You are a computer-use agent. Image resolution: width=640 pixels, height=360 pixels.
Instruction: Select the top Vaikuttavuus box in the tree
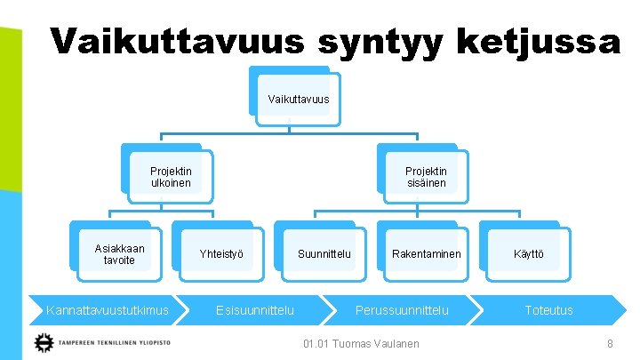click(298, 98)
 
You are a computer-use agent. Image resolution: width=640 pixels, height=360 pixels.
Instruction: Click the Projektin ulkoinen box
click(170, 177)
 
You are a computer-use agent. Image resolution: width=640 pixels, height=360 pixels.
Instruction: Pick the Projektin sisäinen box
click(425, 177)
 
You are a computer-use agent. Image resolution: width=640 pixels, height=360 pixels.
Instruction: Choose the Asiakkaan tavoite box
click(119, 254)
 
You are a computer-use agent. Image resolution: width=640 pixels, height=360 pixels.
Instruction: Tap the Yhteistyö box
click(220, 254)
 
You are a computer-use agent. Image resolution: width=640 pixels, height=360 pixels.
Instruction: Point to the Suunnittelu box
click(324, 254)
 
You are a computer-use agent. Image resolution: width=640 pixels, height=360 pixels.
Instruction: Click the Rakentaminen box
click(426, 254)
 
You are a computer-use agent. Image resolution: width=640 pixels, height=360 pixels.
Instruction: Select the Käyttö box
click(528, 254)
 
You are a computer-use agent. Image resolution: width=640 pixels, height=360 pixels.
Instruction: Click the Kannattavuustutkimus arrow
click(107, 310)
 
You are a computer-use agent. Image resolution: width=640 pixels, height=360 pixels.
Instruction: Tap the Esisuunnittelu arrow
click(256, 310)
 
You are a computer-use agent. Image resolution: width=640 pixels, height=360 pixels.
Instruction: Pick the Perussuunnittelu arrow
click(402, 310)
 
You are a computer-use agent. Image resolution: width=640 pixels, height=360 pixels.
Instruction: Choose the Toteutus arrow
click(548, 310)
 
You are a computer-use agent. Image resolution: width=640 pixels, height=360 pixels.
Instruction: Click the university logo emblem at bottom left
click(43, 342)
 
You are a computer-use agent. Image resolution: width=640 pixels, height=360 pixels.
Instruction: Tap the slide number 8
click(610, 343)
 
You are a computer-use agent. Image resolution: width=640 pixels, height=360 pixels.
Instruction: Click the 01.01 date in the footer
click(317, 343)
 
